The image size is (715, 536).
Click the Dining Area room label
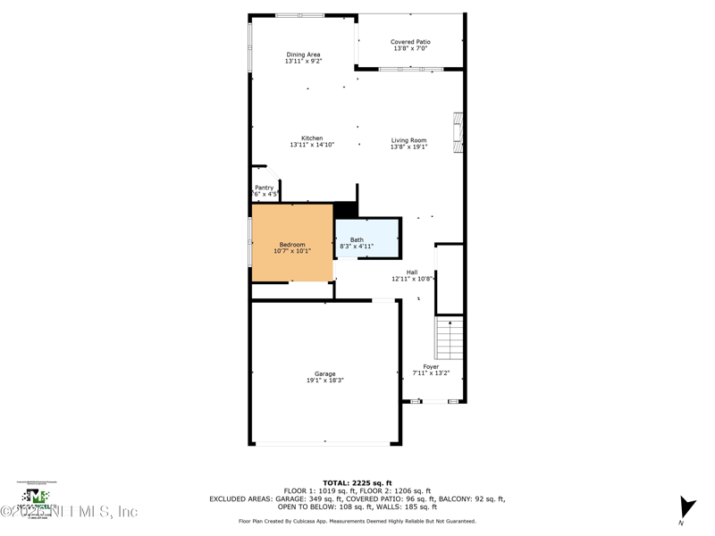coord(303,54)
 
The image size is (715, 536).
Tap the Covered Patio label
coord(410,42)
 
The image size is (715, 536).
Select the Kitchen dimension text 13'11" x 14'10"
coord(312,145)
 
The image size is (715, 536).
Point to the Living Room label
coord(408,140)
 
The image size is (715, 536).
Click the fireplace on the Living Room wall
coord(458,133)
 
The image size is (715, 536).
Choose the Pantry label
coord(264,188)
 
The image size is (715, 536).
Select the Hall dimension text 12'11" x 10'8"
coord(412,279)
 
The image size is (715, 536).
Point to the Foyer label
coord(431,366)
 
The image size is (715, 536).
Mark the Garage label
coord(324,373)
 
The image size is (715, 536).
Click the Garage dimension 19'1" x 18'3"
coord(324,381)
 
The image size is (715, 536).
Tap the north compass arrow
coord(686,508)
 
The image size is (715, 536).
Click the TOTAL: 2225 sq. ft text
coord(357,482)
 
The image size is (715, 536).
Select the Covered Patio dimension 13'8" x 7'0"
coord(410,48)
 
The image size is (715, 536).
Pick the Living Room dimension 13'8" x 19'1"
coord(408,147)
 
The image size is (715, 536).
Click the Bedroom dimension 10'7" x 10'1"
coord(292,251)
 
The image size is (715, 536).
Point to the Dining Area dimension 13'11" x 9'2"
coord(303,62)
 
